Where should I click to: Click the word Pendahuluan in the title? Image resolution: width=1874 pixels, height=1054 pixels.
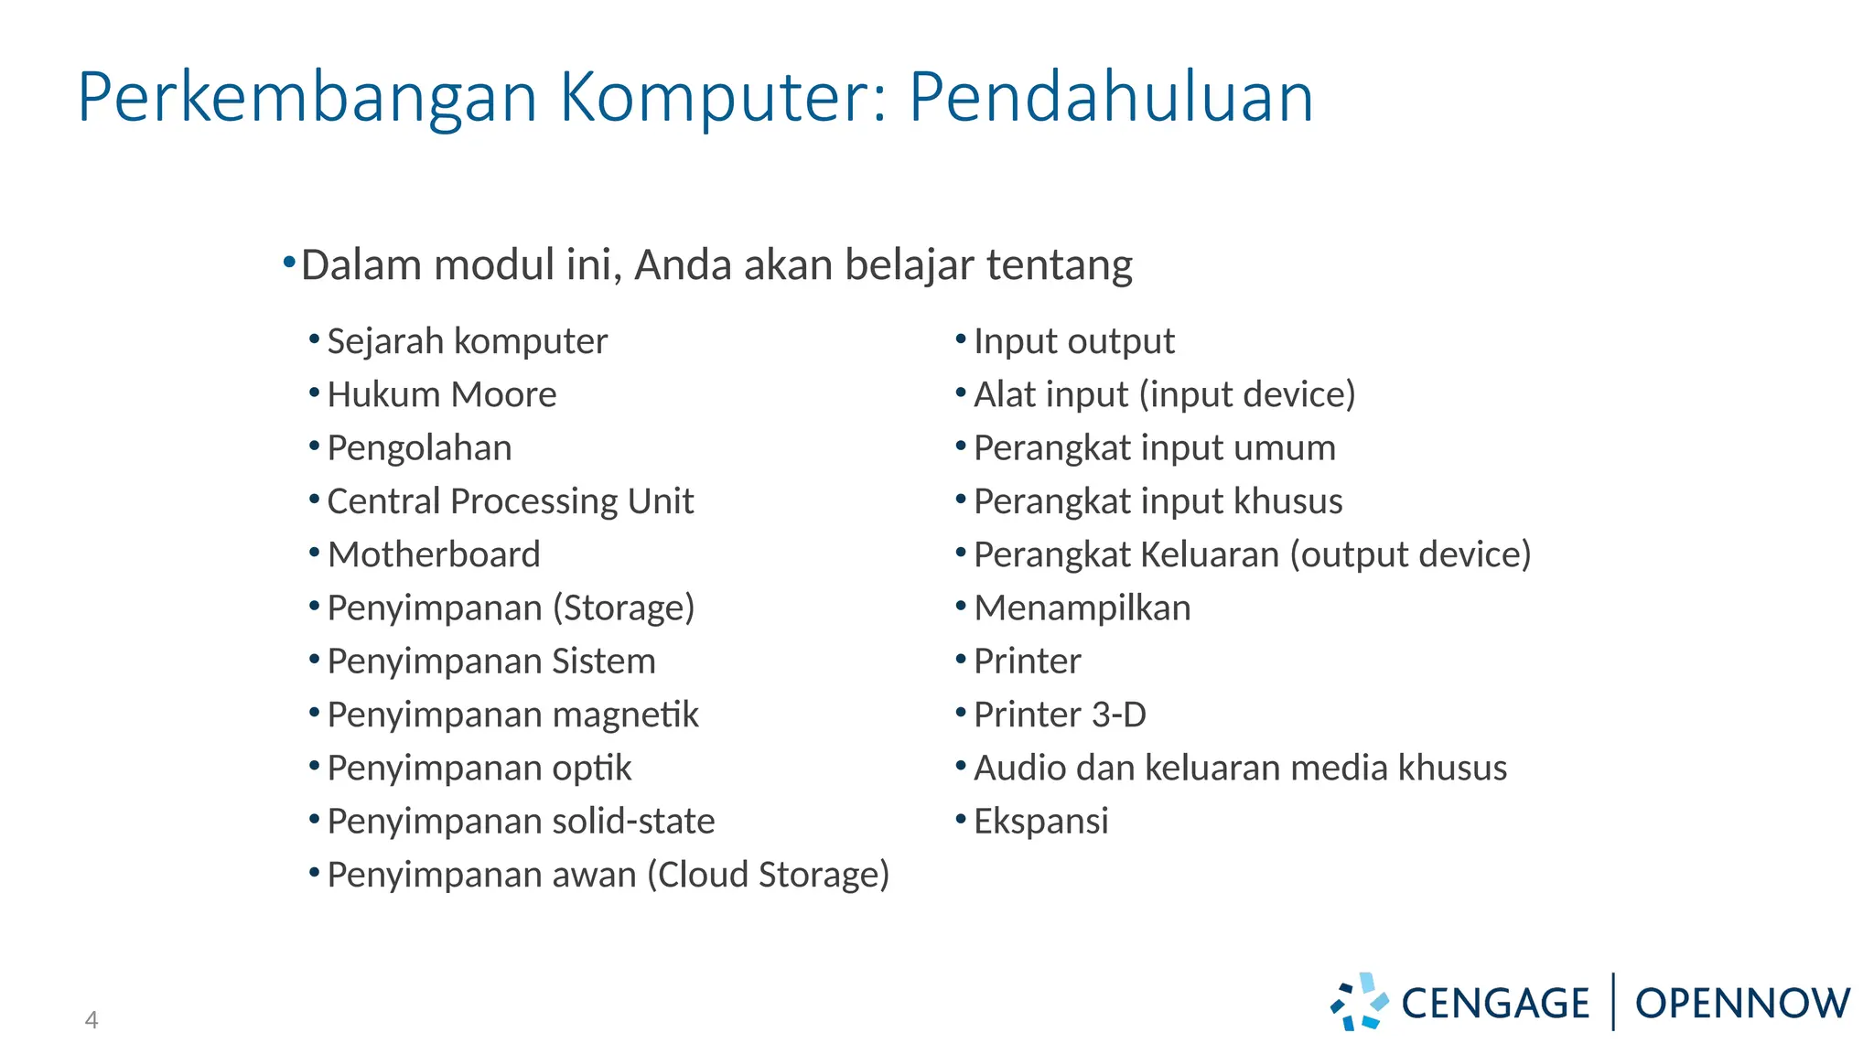[x=1111, y=97]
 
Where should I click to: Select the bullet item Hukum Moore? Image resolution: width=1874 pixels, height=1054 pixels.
[x=441, y=394]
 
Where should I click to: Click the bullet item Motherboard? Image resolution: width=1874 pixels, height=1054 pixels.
[x=434, y=554]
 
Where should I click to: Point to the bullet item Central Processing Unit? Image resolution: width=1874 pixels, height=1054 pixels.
[x=510, y=501]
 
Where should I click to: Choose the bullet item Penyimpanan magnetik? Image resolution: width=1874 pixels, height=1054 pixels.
[x=512, y=715]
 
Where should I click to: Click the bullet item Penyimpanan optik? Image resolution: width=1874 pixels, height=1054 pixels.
[x=479, y=768]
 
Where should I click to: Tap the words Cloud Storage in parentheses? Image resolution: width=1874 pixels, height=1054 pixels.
[x=769, y=875]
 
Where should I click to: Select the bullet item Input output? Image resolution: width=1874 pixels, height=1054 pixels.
[x=1073, y=341]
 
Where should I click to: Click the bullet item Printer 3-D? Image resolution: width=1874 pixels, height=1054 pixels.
[x=1060, y=715]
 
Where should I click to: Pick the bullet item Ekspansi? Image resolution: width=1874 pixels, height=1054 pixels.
[x=1040, y=821]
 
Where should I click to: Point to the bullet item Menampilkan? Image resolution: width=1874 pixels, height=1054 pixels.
[x=1082, y=608]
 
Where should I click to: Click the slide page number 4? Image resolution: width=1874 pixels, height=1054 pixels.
[x=92, y=1019]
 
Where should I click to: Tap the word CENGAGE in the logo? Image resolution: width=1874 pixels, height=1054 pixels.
[x=1495, y=1004]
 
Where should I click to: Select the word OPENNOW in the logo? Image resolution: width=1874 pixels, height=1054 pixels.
[x=1742, y=1004]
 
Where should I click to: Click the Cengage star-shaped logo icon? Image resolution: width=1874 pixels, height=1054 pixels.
[x=1359, y=1002]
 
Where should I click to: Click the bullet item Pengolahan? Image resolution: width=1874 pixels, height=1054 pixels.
[x=419, y=448]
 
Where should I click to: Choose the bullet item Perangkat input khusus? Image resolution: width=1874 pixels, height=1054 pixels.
[x=1158, y=501]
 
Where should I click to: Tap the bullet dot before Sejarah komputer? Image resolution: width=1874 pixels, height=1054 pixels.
[x=314, y=339]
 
